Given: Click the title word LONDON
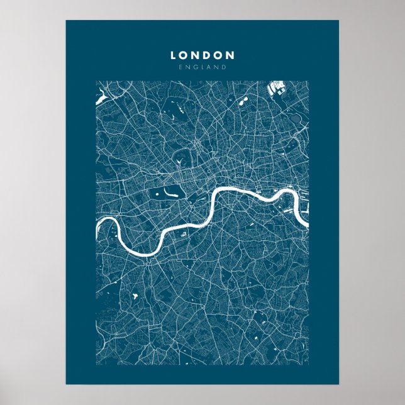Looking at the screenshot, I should (x=203, y=55).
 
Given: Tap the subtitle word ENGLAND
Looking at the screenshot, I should (x=203, y=67).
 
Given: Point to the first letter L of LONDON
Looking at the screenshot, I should (x=174, y=55).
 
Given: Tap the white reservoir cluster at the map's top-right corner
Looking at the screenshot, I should (x=279, y=89).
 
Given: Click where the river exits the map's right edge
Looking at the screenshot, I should (x=308, y=222).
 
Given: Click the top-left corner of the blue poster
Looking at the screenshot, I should (x=66, y=21).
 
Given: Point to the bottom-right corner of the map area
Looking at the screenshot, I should (x=308, y=365).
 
